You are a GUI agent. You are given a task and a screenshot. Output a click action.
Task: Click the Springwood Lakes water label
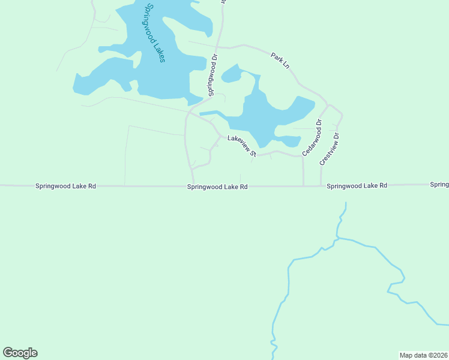tap(155, 33)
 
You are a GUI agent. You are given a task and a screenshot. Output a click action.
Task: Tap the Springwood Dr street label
tap(212, 76)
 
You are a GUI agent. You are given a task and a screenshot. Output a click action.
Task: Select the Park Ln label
tap(280, 59)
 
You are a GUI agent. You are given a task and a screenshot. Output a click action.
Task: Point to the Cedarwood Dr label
tap(312, 137)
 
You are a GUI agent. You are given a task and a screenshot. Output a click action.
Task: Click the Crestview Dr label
tap(330, 149)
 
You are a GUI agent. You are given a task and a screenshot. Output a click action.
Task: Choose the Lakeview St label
tap(242, 146)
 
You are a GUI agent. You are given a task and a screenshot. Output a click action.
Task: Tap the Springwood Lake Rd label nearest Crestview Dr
tap(357, 186)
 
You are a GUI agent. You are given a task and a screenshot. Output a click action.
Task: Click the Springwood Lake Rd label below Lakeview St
tap(217, 187)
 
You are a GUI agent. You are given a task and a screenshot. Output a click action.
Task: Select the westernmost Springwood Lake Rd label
tap(65, 186)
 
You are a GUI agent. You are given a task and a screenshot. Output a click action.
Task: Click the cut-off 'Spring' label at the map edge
tap(439, 184)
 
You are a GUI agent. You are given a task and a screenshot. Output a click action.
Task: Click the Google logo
tap(20, 353)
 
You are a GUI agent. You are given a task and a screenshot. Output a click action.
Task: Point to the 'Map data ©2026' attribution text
tap(423, 355)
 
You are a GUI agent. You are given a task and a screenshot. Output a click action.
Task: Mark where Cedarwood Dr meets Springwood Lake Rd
tap(303, 186)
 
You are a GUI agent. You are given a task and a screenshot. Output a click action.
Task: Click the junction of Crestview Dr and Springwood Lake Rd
tap(321, 186)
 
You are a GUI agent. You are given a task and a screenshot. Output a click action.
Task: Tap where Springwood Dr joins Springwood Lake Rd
tap(194, 186)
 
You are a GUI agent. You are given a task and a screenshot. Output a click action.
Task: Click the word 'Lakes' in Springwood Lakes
tap(159, 51)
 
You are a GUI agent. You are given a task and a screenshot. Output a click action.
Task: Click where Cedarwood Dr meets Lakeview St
tap(303, 157)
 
